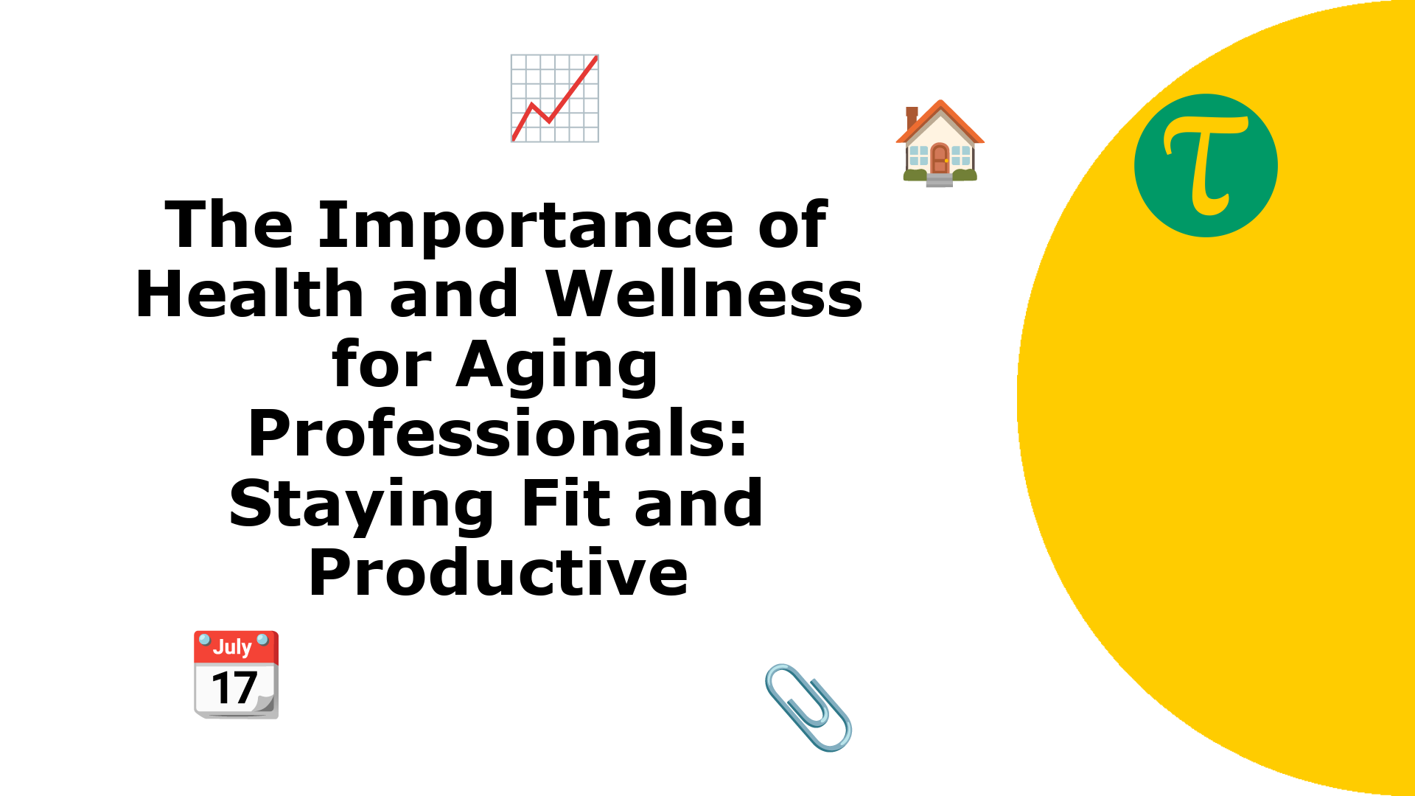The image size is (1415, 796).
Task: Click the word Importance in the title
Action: click(x=525, y=226)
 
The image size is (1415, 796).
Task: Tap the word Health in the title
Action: click(x=250, y=293)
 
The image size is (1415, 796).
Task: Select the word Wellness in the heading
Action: click(x=705, y=293)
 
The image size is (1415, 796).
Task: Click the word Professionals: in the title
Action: click(x=498, y=433)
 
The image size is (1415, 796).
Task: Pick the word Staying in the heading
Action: click(x=362, y=505)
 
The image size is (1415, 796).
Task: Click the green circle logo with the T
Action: click(x=1206, y=165)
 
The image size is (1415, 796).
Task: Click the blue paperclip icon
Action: click(x=808, y=708)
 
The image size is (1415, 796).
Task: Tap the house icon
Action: click(x=940, y=144)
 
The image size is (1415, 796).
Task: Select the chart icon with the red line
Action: click(x=555, y=98)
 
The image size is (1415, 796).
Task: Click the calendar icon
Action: click(x=236, y=674)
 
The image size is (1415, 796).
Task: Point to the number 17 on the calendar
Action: click(x=234, y=688)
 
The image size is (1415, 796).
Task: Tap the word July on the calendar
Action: click(x=232, y=646)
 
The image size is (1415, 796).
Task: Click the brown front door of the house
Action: click(x=940, y=158)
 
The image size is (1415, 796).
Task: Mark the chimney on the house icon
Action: click(x=912, y=116)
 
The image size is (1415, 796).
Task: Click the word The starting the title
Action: click(x=229, y=225)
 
